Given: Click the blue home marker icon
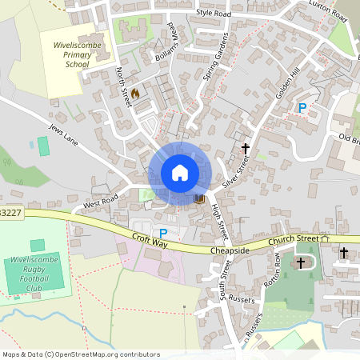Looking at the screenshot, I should (x=180, y=173).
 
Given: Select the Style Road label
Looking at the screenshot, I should (x=213, y=14).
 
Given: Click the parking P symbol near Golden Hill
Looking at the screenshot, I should (x=302, y=108).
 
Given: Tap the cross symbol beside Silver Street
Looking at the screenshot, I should (x=246, y=149).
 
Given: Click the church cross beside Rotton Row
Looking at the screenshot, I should (x=302, y=262).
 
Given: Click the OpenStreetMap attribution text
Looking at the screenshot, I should (x=80, y=354).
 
